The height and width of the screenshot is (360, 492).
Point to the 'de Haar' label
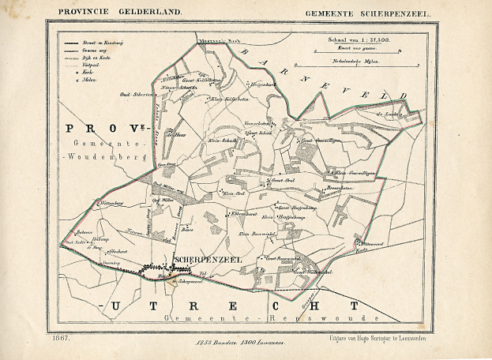pyautogui.click(x=175, y=134)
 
